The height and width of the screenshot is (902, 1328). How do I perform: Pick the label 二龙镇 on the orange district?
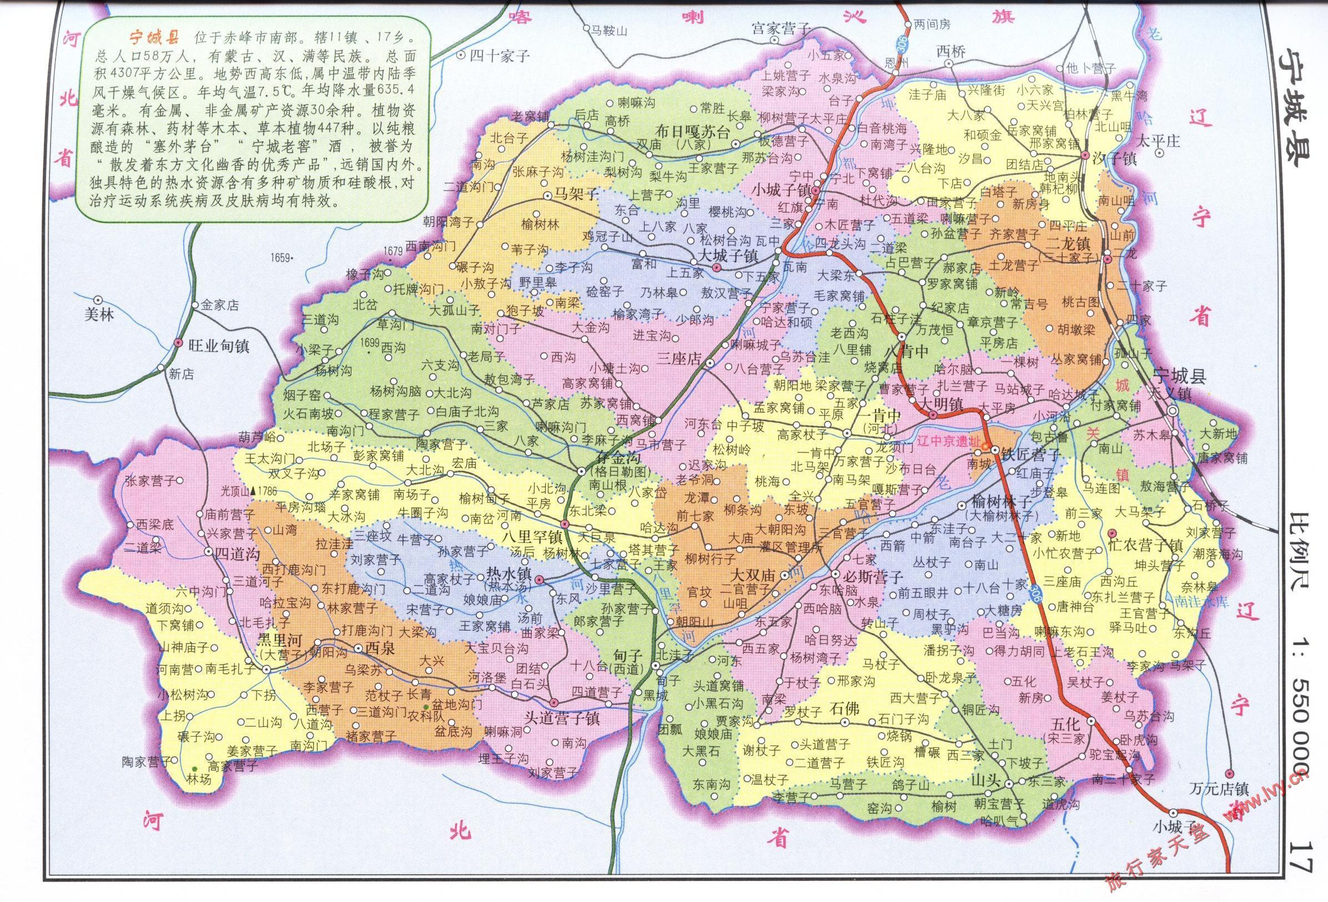tap(1068, 243)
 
